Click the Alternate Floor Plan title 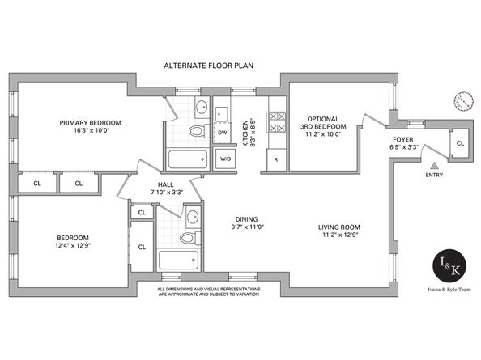208,66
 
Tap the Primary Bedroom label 91,123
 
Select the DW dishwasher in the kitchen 223,133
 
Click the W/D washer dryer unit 225,159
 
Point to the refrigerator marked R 276,159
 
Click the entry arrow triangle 434,166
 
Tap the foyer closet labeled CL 460,143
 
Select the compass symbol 462,100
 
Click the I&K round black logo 449,265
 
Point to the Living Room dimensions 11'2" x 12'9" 339,235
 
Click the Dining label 246,219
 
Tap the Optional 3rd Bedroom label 323,122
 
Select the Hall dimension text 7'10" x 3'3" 167,193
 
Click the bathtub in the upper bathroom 187,159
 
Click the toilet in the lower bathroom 189,238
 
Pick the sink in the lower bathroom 193,217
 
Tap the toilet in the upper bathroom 198,131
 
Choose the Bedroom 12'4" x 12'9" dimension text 74,245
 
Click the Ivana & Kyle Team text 449,290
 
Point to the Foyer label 403,139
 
